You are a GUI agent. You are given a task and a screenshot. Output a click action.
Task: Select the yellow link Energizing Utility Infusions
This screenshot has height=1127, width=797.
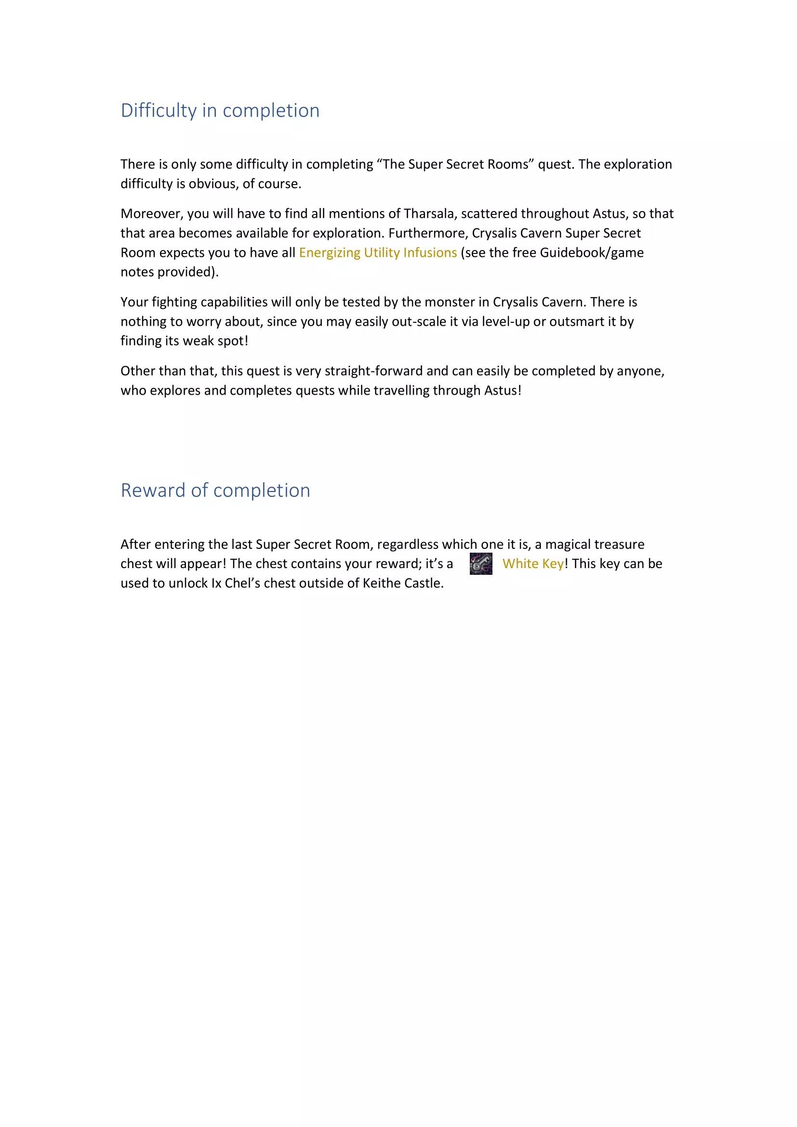click(x=378, y=253)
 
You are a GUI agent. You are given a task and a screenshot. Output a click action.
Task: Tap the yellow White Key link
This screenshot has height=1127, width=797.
click(x=533, y=564)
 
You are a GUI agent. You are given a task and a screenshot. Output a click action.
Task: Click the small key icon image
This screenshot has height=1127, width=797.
click(x=481, y=564)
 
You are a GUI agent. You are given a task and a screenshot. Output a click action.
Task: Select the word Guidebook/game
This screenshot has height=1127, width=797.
click(x=591, y=253)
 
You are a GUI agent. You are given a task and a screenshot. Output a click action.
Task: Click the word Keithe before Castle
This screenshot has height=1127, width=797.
click(x=382, y=583)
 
